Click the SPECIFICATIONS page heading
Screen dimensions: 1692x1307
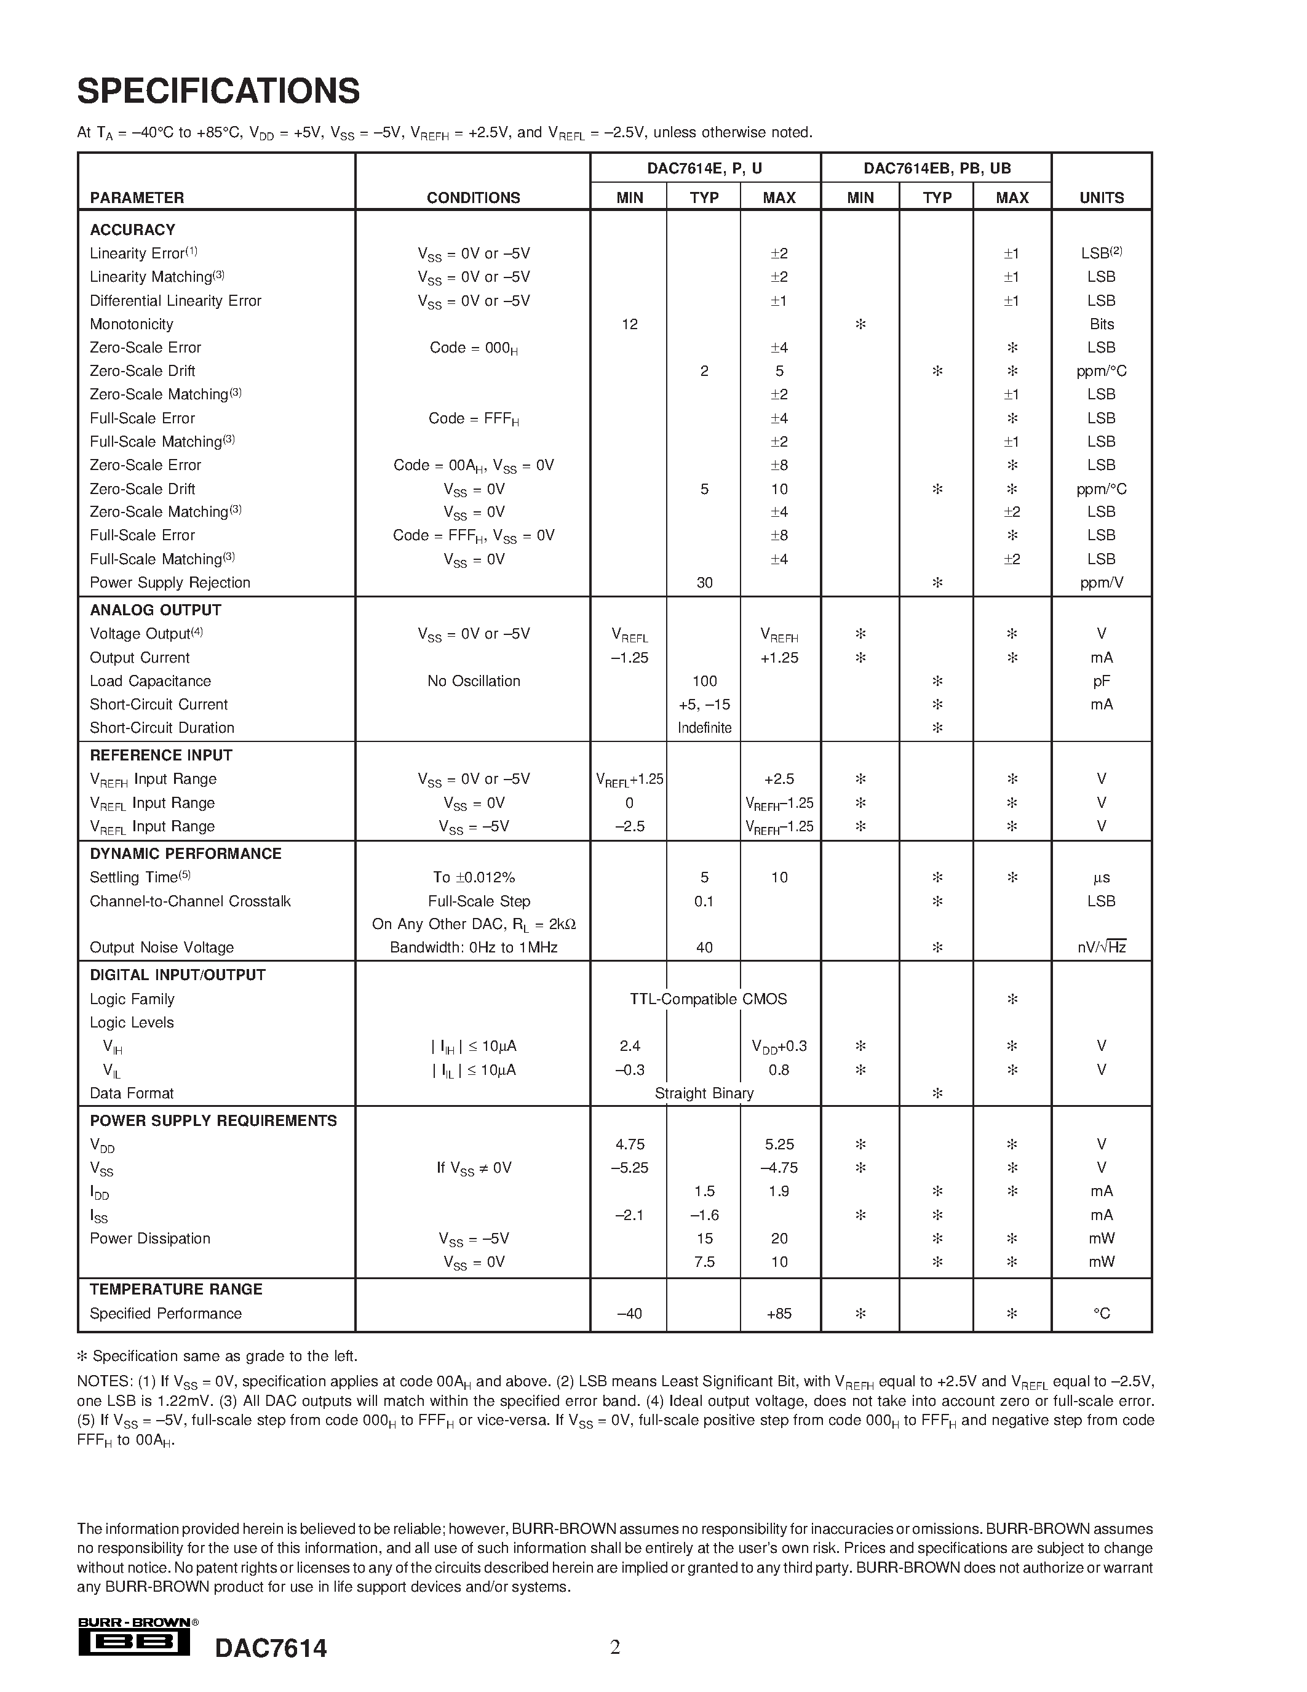click(x=218, y=92)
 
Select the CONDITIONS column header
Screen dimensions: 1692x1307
click(x=473, y=198)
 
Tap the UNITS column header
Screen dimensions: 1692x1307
click(x=1101, y=198)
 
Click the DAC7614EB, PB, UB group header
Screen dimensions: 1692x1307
click(x=936, y=168)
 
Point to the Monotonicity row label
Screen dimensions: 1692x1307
click(x=132, y=324)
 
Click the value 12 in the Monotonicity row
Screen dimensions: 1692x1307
click(x=629, y=324)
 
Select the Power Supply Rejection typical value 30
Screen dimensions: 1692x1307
click(x=704, y=583)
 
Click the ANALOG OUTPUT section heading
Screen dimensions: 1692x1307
click(x=156, y=610)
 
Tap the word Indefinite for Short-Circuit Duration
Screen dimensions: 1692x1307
click(x=704, y=727)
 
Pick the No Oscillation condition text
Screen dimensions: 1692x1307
click(x=473, y=681)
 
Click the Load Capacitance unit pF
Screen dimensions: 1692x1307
click(x=1101, y=681)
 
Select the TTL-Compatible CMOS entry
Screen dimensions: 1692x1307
click(x=708, y=999)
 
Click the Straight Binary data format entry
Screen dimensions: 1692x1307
click(x=704, y=1093)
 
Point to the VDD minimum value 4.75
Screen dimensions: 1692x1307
click(x=629, y=1144)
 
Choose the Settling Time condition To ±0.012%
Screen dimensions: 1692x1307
click(x=473, y=877)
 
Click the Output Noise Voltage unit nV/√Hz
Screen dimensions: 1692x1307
click(x=1101, y=947)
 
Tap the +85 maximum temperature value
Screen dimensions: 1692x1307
click(x=779, y=1313)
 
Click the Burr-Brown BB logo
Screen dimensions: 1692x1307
click(x=135, y=1643)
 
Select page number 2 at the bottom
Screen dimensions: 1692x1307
click(x=615, y=1647)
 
